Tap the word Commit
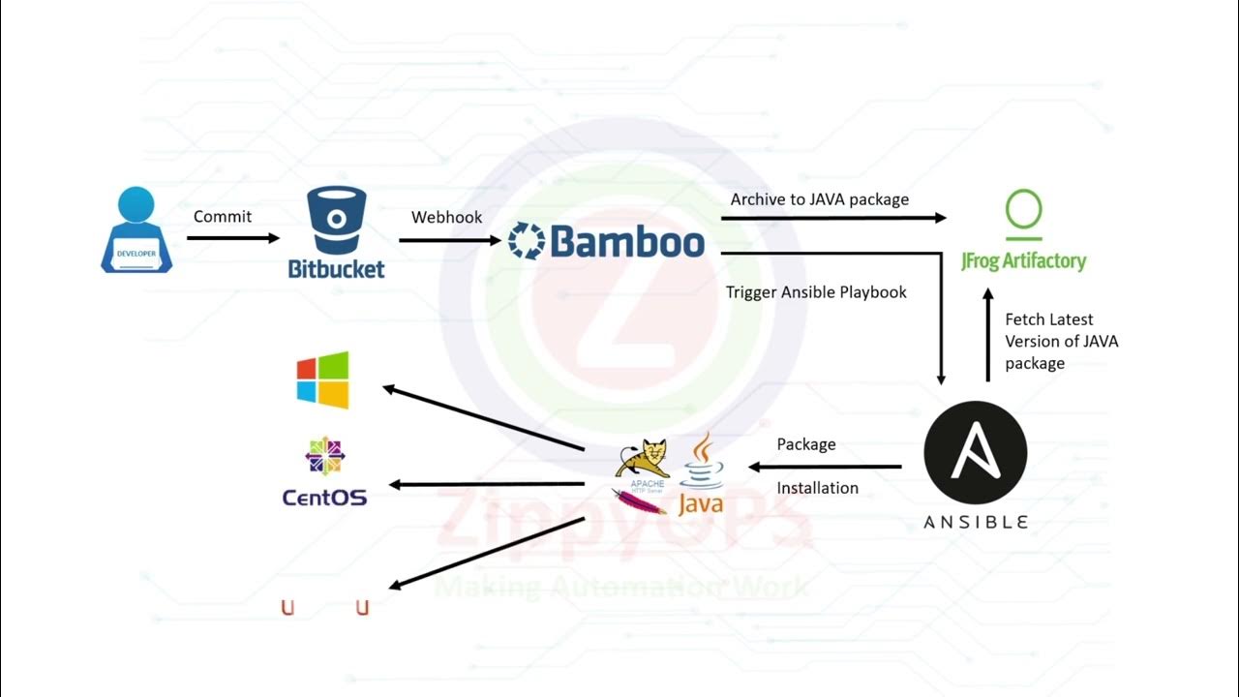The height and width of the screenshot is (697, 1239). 222,216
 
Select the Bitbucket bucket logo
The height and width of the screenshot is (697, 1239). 337,221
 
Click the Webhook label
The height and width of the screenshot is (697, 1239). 446,217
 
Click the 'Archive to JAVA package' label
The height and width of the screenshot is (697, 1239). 819,199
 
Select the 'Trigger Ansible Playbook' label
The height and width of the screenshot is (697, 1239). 816,291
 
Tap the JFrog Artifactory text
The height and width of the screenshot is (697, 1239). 1023,260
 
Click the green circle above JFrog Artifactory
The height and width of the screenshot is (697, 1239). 1023,210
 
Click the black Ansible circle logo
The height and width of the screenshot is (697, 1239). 975,452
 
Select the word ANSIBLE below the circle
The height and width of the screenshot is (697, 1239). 975,522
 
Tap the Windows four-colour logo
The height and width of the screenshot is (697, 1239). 322,379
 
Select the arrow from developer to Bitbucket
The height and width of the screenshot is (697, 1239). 232,238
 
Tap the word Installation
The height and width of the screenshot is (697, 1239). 817,488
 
